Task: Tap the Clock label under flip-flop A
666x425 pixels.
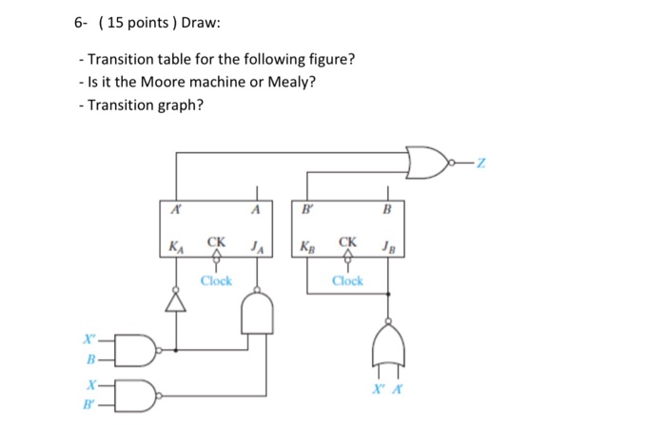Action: click(216, 280)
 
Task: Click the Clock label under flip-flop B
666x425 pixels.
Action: click(347, 280)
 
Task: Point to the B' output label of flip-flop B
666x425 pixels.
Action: click(307, 210)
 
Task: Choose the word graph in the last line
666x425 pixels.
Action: click(176, 105)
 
